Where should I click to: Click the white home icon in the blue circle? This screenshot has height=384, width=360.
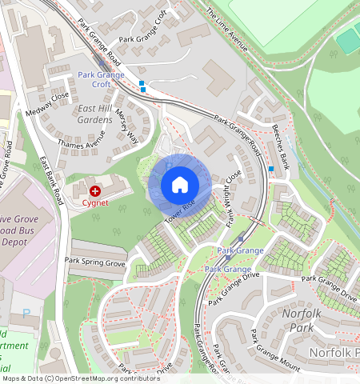tap(180, 185)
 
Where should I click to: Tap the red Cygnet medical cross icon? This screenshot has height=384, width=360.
tap(95, 191)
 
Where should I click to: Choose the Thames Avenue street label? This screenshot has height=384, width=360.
tap(81, 138)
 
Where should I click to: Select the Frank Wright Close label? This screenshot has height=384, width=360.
tap(234, 199)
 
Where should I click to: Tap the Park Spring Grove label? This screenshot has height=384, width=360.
tap(95, 262)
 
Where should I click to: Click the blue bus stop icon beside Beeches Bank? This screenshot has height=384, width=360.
tap(272, 168)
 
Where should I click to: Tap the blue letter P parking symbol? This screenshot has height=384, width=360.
tap(26, 314)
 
